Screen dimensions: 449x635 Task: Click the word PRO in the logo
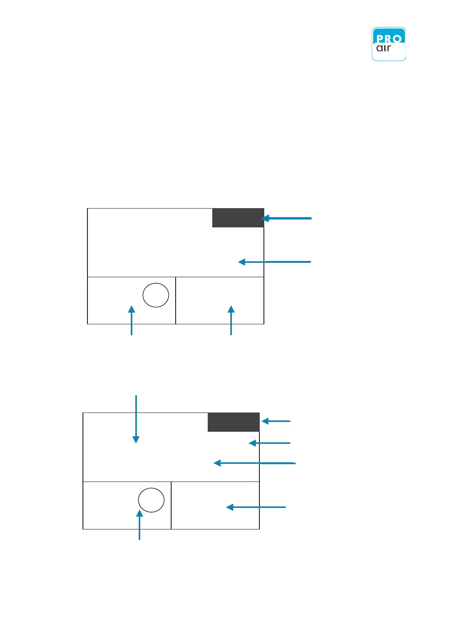(x=389, y=38)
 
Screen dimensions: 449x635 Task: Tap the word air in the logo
(x=384, y=48)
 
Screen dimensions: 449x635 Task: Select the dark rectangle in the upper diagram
(x=238, y=218)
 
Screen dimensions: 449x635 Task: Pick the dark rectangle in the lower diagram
(x=233, y=422)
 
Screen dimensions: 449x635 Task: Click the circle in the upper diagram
(x=156, y=295)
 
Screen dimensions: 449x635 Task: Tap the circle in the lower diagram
(x=151, y=500)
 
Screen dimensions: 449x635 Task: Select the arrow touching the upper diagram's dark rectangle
(x=287, y=218)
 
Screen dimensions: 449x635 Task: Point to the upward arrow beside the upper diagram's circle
(x=132, y=320)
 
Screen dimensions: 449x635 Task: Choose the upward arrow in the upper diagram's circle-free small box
(x=231, y=320)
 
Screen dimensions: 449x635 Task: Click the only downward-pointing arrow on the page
(x=136, y=419)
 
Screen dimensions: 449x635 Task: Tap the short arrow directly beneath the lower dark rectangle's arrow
(x=270, y=443)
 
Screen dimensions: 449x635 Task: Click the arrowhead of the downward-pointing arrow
(x=136, y=440)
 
